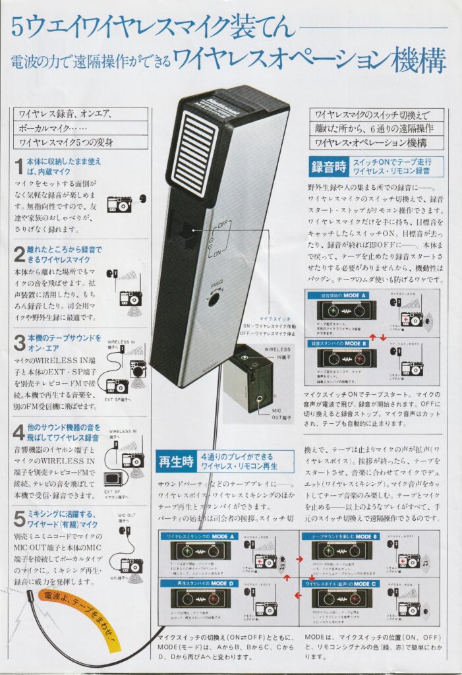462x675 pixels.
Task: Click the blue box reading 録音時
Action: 328,167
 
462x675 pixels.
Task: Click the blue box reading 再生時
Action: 175,461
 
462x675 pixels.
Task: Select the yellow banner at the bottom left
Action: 76,616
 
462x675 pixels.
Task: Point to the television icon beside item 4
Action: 113,477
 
